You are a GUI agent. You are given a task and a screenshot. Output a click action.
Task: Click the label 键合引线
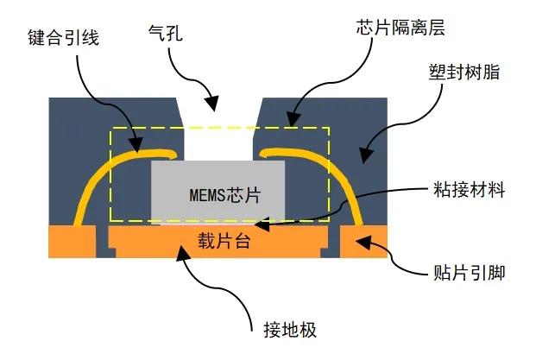coord(65,39)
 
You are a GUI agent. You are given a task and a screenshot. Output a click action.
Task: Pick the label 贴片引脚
coord(467,275)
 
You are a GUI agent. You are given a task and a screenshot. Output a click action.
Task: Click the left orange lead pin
coord(72,242)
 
